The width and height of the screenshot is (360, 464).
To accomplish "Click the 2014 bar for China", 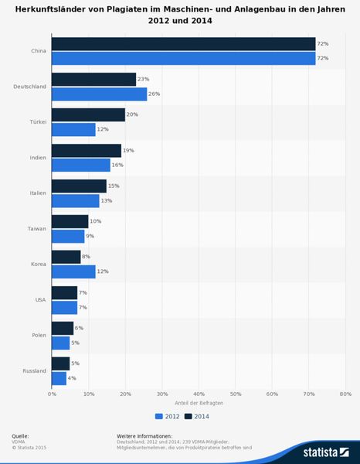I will (183, 43).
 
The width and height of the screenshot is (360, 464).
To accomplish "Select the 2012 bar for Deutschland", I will (99, 94).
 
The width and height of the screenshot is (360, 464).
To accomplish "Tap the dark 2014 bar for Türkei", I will (88, 114).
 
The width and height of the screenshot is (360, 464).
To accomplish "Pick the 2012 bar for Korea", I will (73, 271).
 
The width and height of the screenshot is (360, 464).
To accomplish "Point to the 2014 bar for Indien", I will (86, 150).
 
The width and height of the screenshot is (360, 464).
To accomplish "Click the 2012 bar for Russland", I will (59, 378).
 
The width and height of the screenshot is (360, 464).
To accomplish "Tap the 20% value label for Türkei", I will (133, 114).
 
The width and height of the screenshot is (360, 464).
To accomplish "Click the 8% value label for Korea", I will (87, 256).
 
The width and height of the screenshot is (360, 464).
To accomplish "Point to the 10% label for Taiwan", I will (96, 221).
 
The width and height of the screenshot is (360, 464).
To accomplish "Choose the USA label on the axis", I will (40, 299).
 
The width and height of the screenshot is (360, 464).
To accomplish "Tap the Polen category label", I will (39, 335).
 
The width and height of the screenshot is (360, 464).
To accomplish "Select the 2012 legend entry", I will (169, 415).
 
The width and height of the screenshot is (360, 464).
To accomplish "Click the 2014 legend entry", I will (197, 415).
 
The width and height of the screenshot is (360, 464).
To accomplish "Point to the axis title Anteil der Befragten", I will (198, 403).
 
